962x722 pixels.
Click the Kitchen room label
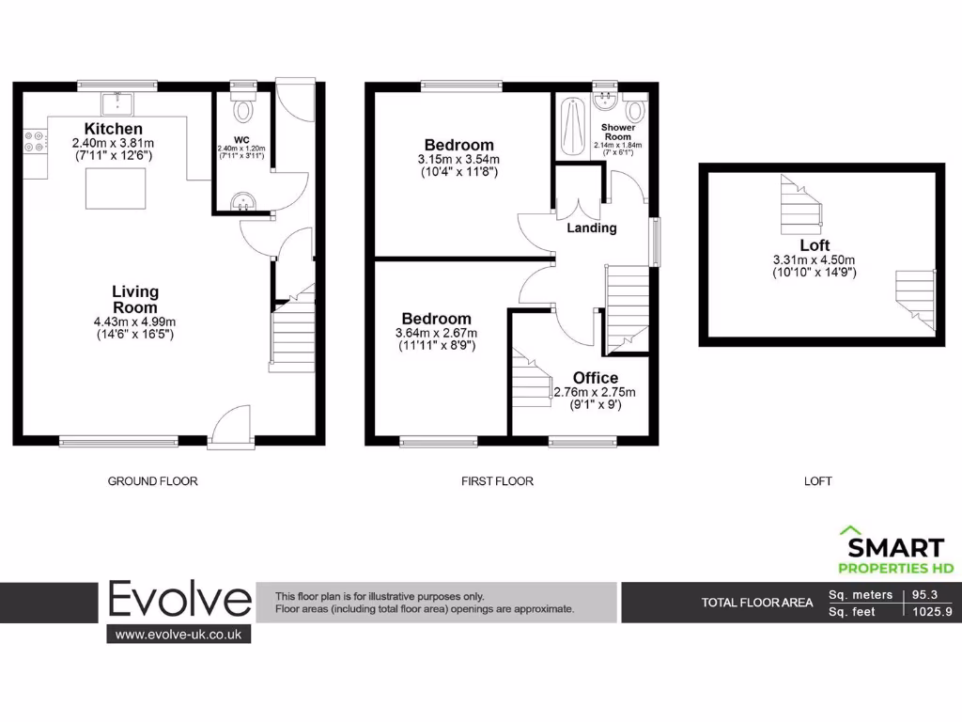point(113,128)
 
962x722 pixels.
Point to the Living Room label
point(135,299)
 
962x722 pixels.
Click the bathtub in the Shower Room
point(571,130)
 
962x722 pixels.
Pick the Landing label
point(592,228)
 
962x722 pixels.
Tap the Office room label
point(596,378)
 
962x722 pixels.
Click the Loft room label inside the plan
point(814,245)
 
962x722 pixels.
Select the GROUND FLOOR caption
point(152,481)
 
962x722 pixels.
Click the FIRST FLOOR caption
point(497,481)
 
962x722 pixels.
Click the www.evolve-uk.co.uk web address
point(178,635)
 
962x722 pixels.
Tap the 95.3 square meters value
point(931,594)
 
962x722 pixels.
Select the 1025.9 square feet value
point(931,612)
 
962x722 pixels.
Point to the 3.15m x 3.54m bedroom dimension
point(458,160)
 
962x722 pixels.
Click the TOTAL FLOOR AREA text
point(757,603)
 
